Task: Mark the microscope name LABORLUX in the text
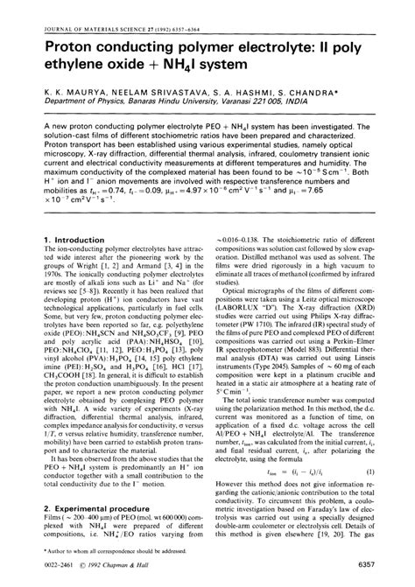[x=244, y=307]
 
